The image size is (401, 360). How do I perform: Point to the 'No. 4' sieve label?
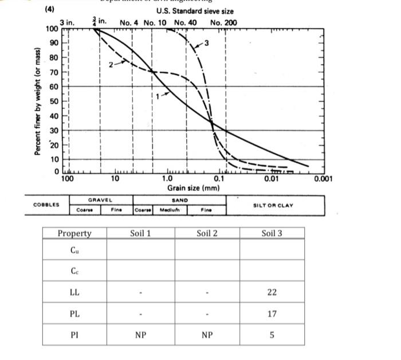point(130,23)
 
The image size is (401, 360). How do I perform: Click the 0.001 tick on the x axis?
point(323,179)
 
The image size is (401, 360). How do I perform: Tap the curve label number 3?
point(207,43)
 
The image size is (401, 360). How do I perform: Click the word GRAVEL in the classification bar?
point(100,200)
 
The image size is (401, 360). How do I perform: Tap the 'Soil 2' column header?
point(207,233)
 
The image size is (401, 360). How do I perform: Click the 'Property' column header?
point(74,233)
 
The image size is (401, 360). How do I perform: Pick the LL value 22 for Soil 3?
point(272,292)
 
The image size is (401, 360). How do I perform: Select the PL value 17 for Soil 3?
point(272,314)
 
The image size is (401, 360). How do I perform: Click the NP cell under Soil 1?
point(140,335)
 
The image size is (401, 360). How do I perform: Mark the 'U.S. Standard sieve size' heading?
point(194,11)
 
